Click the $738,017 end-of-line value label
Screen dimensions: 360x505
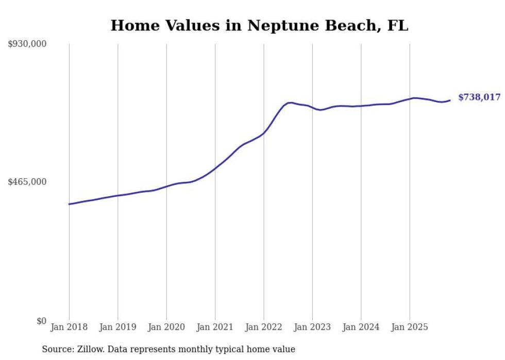coord(479,97)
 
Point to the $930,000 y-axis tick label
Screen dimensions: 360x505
coord(27,44)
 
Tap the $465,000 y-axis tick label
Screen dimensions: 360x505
coord(27,182)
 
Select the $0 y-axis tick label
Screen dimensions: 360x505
coord(41,321)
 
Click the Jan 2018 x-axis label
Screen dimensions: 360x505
coord(69,327)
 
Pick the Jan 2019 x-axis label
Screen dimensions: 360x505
coord(117,327)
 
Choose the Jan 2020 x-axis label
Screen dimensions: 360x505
coord(166,327)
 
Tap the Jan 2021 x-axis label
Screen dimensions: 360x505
coord(215,327)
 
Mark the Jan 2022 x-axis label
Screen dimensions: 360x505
coord(264,327)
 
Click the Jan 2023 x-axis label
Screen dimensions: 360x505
coord(312,327)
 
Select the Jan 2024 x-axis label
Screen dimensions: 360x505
coord(361,327)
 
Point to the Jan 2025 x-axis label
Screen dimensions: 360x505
coord(410,327)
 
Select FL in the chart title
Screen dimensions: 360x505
coord(397,26)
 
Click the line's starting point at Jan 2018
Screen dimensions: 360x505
coord(69,204)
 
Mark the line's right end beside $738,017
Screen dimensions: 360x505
coord(450,100)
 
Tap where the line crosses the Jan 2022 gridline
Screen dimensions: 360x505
coord(264,133)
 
